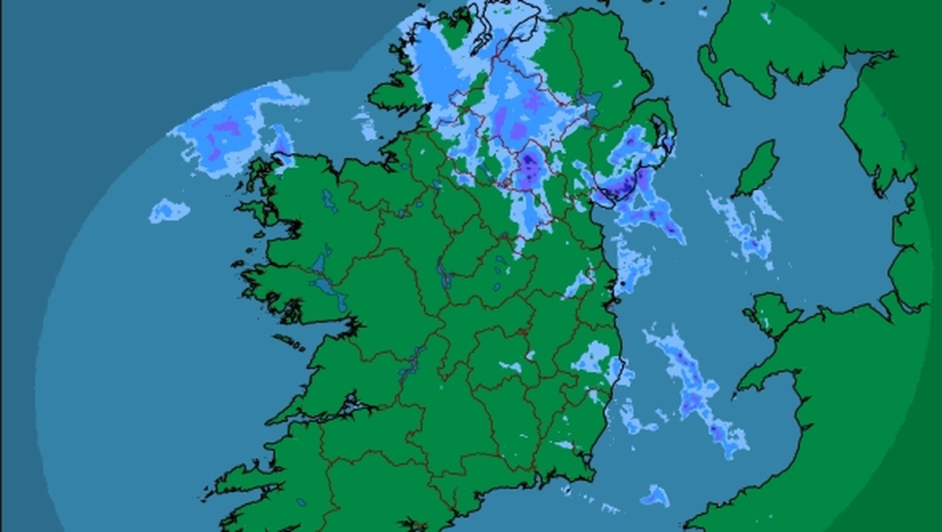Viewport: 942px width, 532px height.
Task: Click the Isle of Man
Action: pos(757,169)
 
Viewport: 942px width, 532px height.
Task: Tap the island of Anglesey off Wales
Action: pos(772,314)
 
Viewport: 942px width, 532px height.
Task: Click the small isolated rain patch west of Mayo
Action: pos(169,210)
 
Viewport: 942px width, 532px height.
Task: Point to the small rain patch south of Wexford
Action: pos(654,495)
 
